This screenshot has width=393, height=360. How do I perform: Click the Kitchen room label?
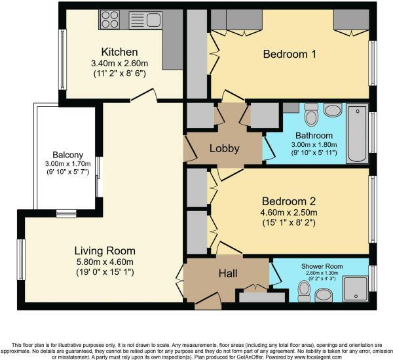tap(119, 52)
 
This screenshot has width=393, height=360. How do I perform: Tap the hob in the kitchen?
tap(109, 19)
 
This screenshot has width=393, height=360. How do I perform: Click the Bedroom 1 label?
tap(290, 54)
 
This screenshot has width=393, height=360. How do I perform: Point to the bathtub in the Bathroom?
tap(357, 133)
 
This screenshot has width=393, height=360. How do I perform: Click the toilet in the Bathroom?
tap(311, 115)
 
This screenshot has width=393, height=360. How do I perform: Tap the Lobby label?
tap(224, 148)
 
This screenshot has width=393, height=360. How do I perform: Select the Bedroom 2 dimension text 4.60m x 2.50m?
tap(290, 212)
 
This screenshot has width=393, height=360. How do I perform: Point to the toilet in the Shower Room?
tap(304, 289)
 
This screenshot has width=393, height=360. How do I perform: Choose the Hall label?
tap(227, 273)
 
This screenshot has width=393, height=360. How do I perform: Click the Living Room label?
tap(105, 250)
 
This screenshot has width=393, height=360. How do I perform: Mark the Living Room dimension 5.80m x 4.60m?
tap(105, 262)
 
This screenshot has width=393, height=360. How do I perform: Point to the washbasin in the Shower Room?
tap(324, 294)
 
